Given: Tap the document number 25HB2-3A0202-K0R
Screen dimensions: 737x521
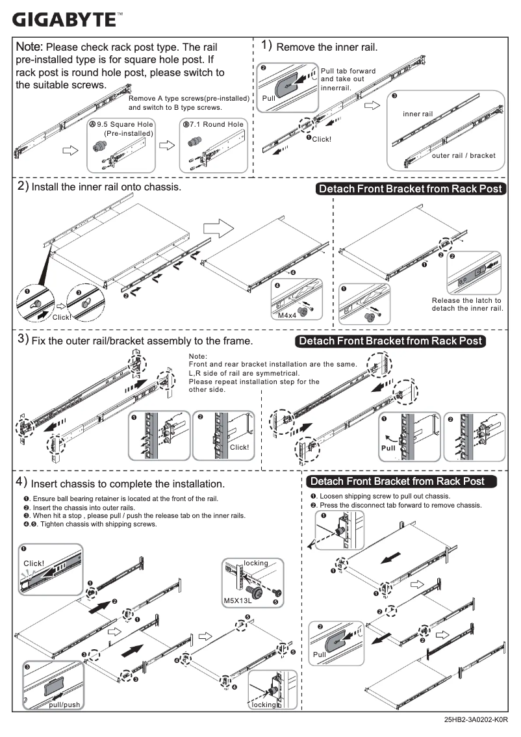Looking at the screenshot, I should coord(476,720).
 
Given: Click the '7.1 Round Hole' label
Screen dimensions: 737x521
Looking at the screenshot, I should coord(214,124).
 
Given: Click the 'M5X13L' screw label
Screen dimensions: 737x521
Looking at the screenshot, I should coord(237,601).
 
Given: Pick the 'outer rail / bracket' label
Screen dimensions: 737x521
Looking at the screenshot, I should coord(463,155).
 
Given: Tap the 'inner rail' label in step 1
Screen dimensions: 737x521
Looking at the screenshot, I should coord(417,114).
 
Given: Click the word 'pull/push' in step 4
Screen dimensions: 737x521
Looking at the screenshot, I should coord(64,705).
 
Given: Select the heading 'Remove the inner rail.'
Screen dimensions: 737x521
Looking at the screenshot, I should coord(327,47).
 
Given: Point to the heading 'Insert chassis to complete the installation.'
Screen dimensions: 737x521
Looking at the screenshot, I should coord(127,484).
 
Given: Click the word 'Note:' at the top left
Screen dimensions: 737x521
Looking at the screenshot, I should coord(29,47).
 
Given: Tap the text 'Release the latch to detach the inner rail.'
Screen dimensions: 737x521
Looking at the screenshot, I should coord(466,304).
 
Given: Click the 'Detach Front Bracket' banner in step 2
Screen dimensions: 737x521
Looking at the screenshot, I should coord(410,188).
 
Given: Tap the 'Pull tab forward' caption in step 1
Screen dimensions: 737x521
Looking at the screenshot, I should coord(348,71).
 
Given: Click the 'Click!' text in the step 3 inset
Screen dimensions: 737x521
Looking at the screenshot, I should coord(239,447).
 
